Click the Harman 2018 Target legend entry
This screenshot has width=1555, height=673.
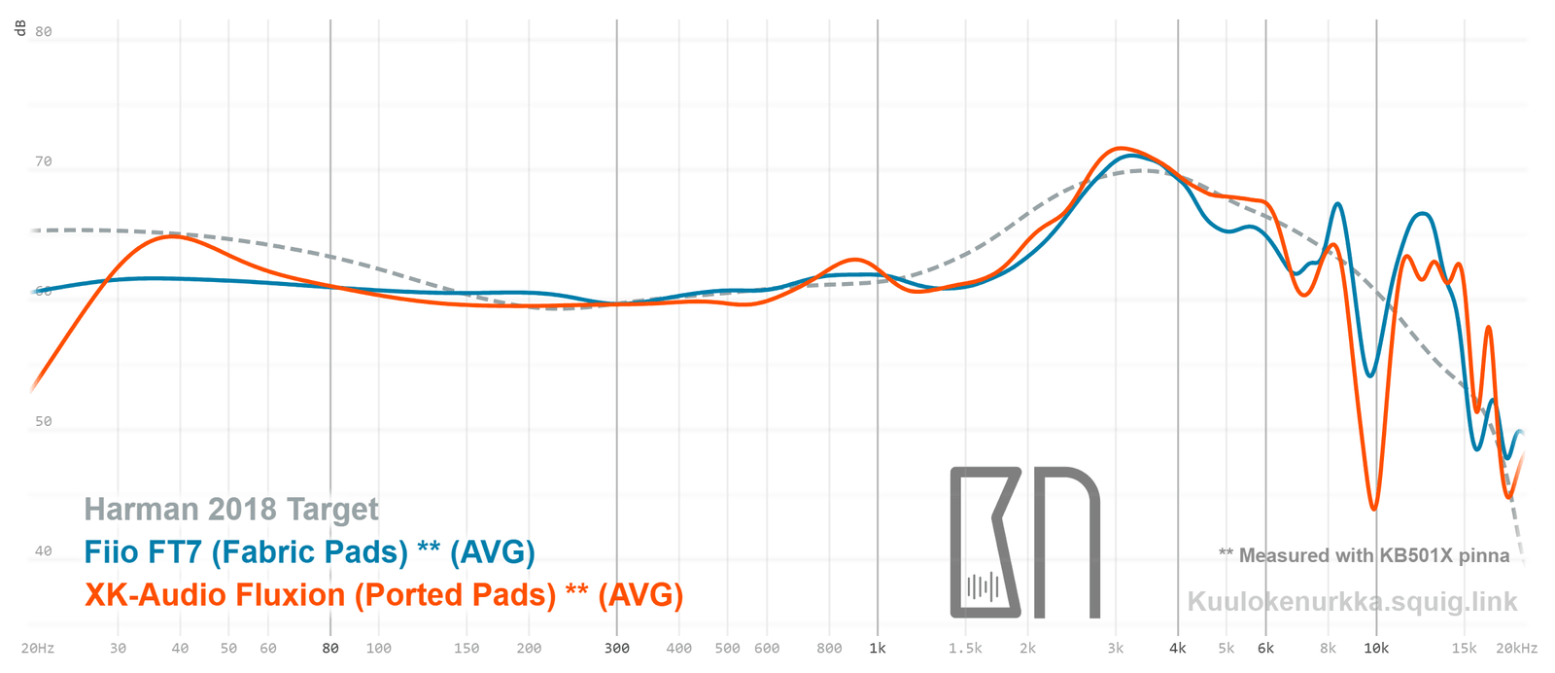point(231,509)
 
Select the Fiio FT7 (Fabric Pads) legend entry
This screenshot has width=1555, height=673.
point(309,551)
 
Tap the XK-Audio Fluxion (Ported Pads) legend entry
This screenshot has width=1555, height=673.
point(383,594)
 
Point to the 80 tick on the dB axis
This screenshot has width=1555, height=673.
point(44,31)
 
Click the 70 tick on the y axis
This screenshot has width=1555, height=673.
point(44,161)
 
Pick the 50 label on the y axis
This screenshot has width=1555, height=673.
point(44,421)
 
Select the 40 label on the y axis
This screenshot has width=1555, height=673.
point(44,550)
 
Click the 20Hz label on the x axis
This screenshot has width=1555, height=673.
point(38,648)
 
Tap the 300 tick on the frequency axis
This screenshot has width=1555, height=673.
point(617,648)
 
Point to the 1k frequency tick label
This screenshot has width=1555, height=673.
point(878,648)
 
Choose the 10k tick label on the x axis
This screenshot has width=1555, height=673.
point(1376,648)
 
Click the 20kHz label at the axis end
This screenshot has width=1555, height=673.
point(1517,648)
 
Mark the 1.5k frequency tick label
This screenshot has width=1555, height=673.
point(965,648)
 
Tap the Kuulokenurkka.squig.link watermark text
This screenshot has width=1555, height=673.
point(1352,601)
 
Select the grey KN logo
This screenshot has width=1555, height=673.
point(1024,542)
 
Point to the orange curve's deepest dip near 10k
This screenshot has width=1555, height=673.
point(1374,508)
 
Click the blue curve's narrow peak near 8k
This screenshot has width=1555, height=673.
point(1338,204)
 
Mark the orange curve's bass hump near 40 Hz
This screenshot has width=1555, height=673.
point(173,236)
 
